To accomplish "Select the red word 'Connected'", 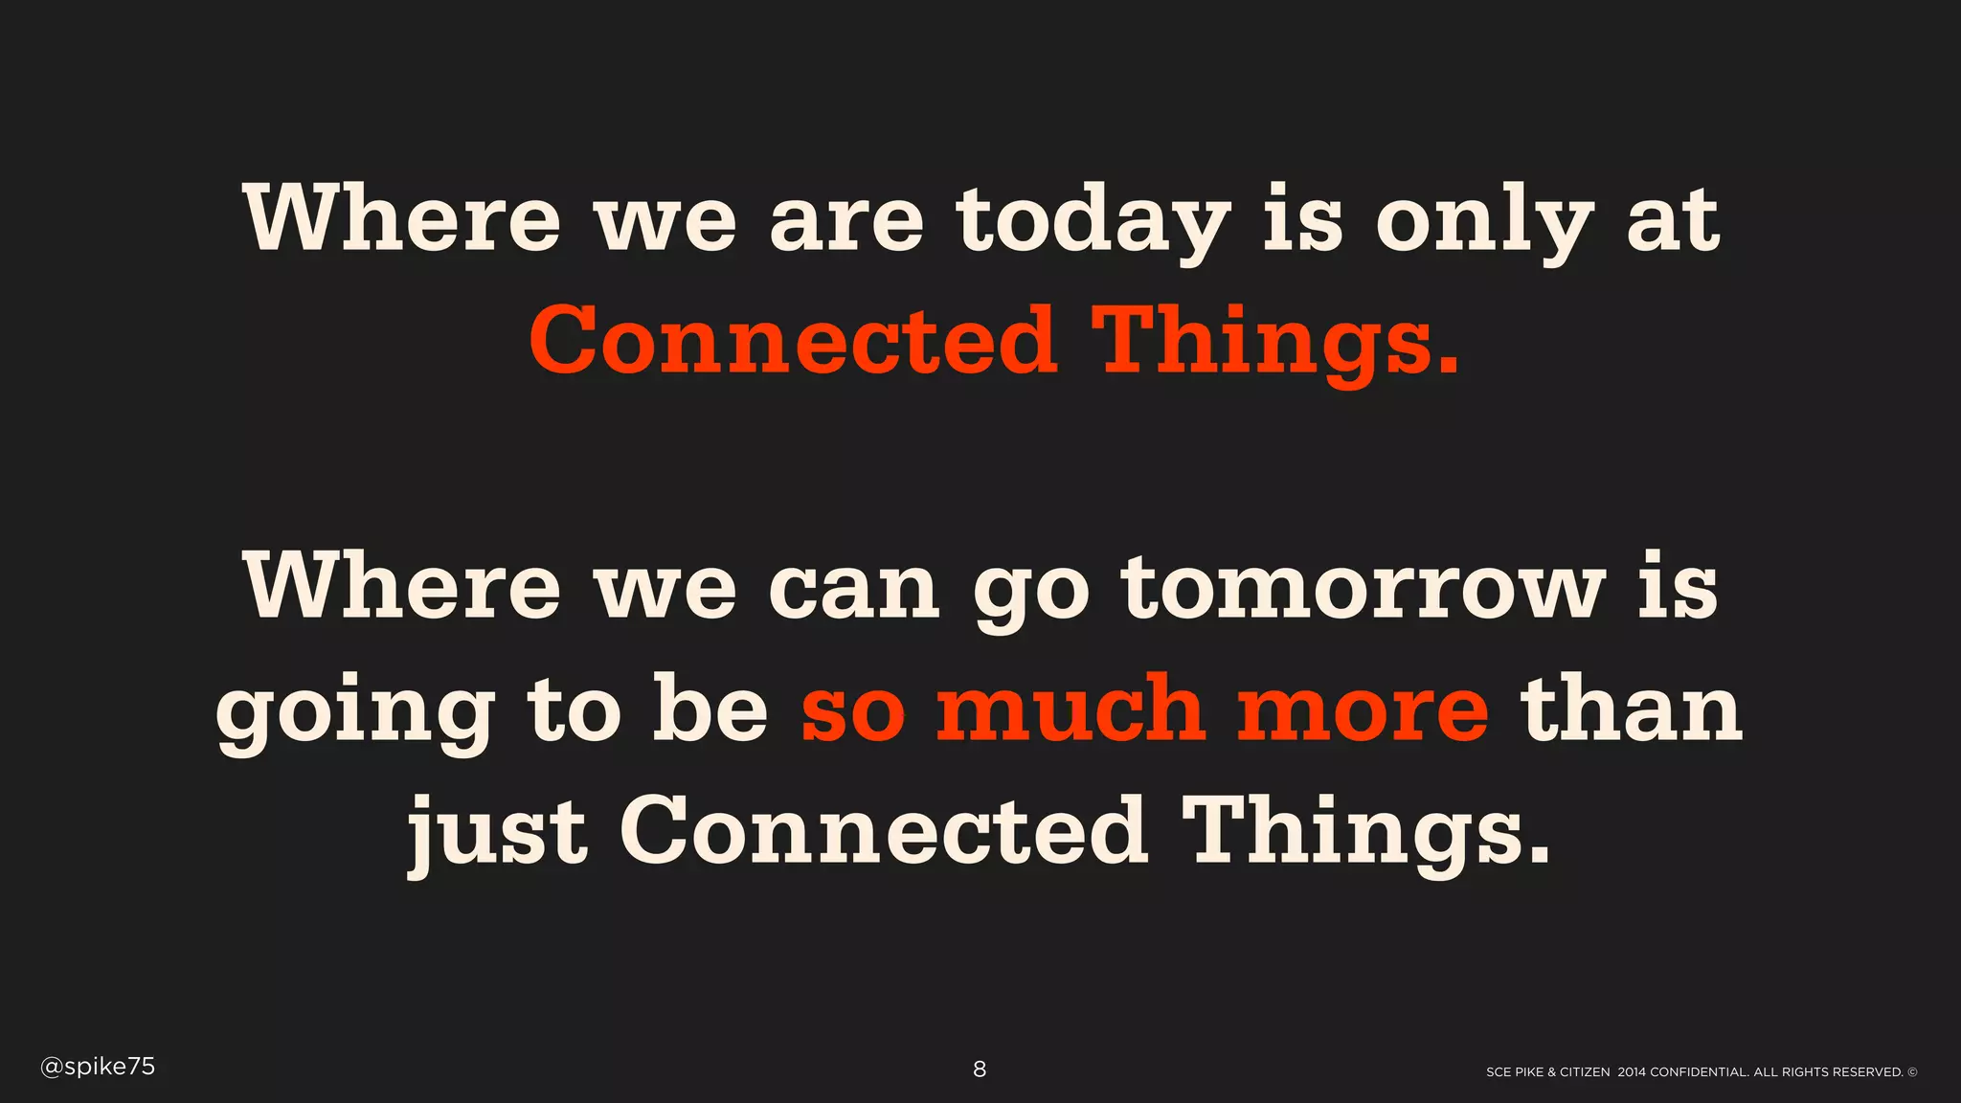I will [x=793, y=341].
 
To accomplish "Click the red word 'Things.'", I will [x=1279, y=343].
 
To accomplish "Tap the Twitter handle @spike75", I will [x=98, y=1067].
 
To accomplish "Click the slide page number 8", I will [x=980, y=1069].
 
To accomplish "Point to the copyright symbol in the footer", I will [x=1912, y=1072].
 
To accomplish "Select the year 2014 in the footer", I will [x=1632, y=1072].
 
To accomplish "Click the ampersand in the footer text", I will [x=1551, y=1072].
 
